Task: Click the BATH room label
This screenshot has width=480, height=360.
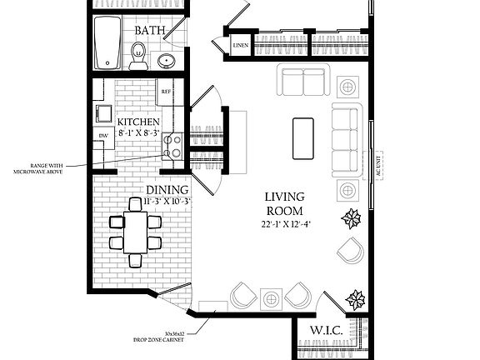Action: [x=150, y=31]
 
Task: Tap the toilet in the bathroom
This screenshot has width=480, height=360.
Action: [x=138, y=56]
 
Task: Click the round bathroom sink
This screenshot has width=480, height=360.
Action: [x=167, y=60]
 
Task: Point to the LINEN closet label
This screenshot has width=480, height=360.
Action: [x=241, y=45]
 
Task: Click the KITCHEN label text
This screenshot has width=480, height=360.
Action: [x=138, y=121]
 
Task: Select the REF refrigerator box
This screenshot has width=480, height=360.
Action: [x=166, y=91]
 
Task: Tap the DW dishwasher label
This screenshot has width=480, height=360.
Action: [x=103, y=135]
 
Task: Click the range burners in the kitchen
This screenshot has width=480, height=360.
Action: [x=173, y=147]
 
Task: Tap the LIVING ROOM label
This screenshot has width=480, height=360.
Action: [x=283, y=203]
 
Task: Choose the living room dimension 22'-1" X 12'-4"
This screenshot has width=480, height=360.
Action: [x=283, y=223]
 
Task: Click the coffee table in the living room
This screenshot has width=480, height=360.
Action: [x=302, y=138]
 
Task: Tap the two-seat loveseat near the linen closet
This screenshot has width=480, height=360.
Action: [x=303, y=82]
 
